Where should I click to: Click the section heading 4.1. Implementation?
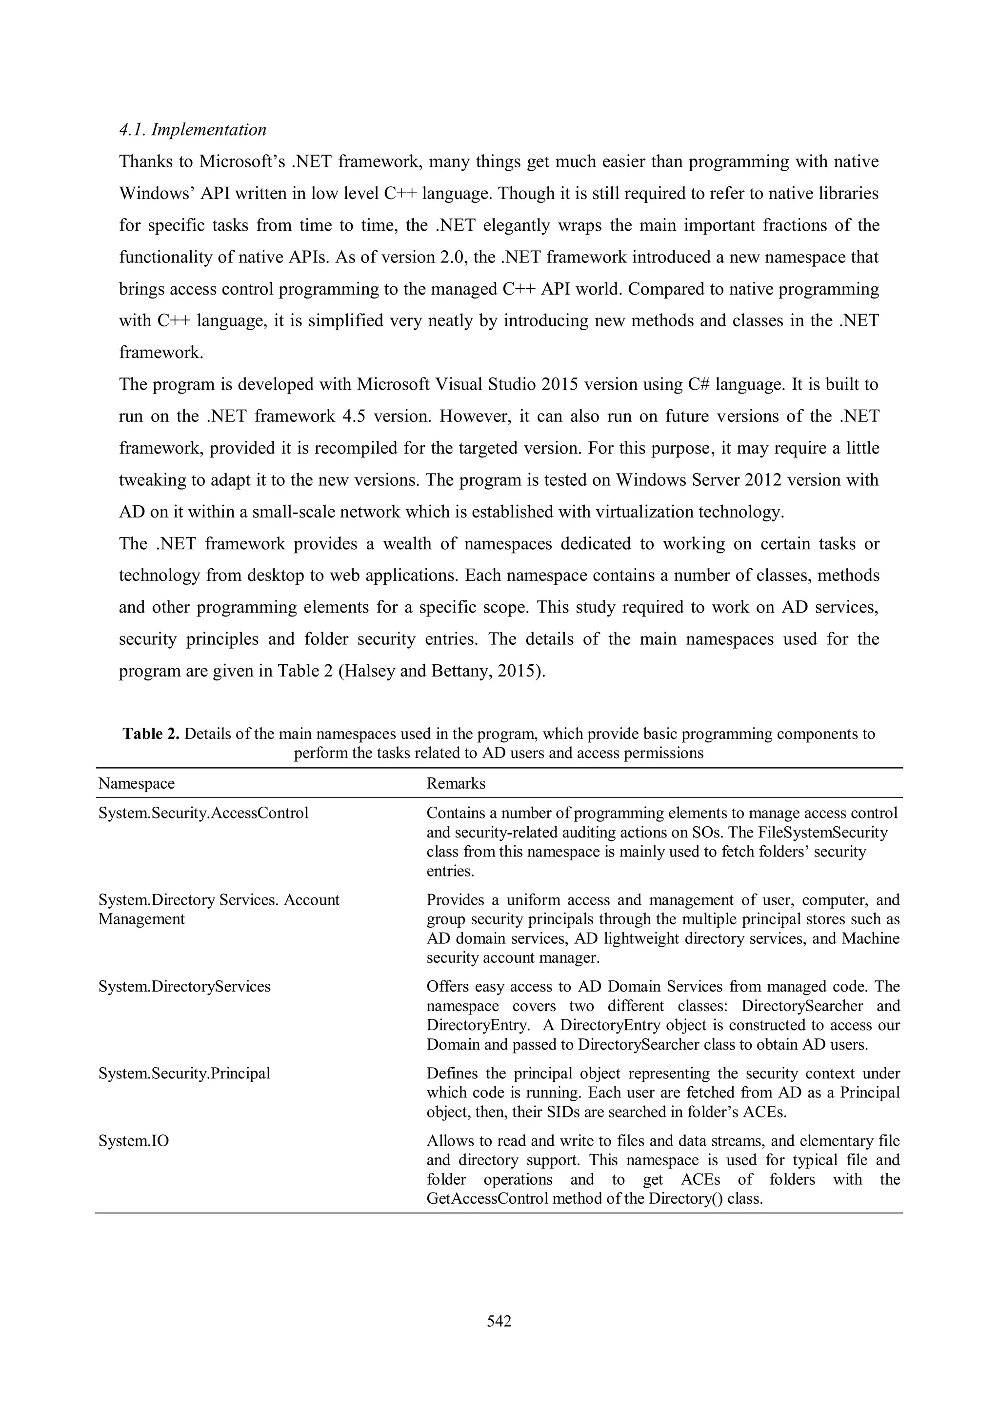(x=193, y=130)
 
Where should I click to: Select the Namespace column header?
(x=137, y=783)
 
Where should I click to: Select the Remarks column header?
(x=456, y=783)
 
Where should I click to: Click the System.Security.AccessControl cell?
(x=203, y=813)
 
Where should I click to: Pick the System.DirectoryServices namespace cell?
(x=184, y=986)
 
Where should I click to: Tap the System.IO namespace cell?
(x=134, y=1141)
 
